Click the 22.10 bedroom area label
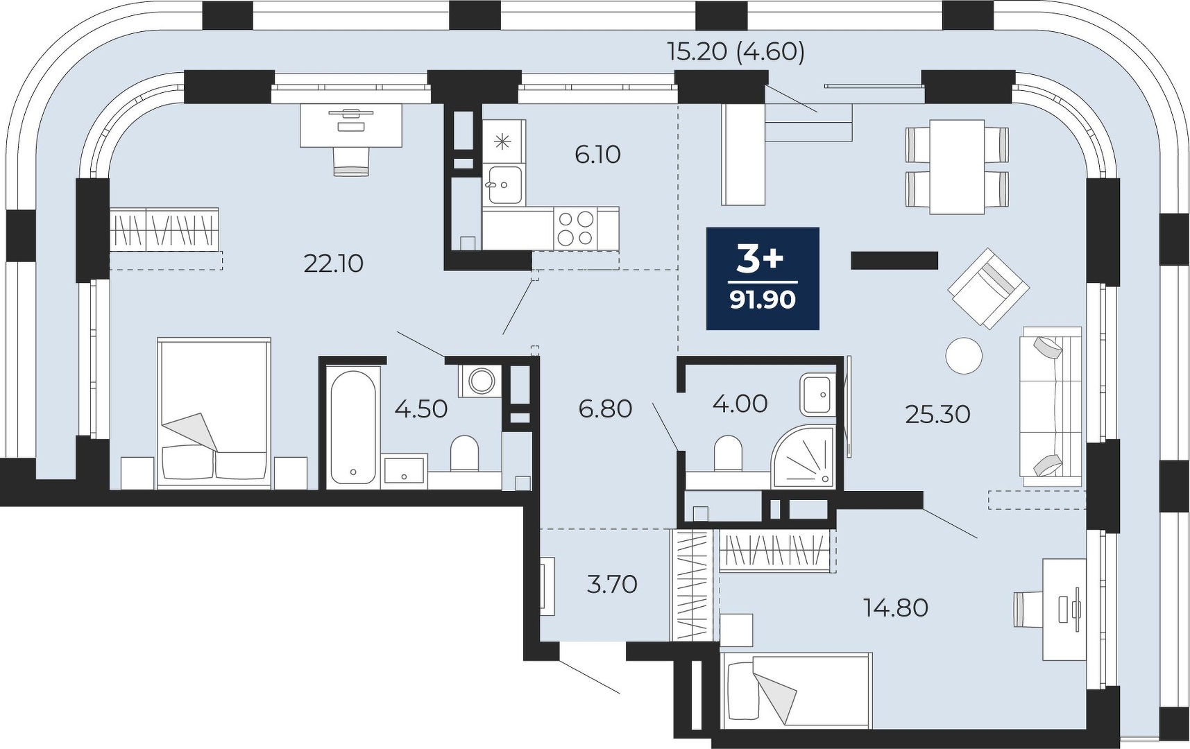coord(334,264)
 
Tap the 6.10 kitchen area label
coord(597,154)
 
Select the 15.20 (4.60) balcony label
coord(736,51)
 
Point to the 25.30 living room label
coord(937,414)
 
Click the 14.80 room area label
coord(896,608)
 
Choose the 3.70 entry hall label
coord(612,584)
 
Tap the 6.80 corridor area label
coord(605,408)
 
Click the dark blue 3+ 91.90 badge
coord(763,278)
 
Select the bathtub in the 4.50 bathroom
coord(354,427)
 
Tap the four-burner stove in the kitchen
coord(577,228)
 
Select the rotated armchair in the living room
coord(988,287)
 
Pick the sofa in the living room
coord(1051,406)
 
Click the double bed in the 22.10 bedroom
coord(214,413)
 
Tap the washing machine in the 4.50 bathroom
coord(480,380)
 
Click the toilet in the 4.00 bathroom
coord(728,453)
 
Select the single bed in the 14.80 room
coord(796,691)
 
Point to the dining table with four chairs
coord(957,166)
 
